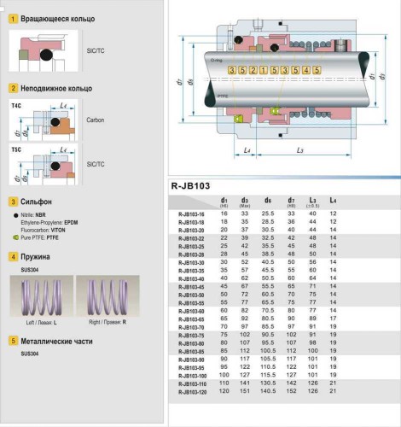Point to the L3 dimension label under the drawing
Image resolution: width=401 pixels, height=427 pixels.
pyautogui.click(x=299, y=151)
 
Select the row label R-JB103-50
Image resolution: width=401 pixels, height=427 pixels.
pyautogui.click(x=191, y=294)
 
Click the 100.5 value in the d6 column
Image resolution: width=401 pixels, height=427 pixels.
pyautogui.click(x=269, y=350)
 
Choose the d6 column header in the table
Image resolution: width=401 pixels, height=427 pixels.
pyautogui.click(x=269, y=199)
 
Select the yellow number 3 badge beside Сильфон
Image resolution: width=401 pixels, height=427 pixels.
pyautogui.click(x=14, y=202)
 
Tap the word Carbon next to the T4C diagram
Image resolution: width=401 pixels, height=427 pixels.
pyautogui.click(x=96, y=120)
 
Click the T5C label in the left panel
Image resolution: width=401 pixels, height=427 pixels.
pyautogui.click(x=17, y=149)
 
